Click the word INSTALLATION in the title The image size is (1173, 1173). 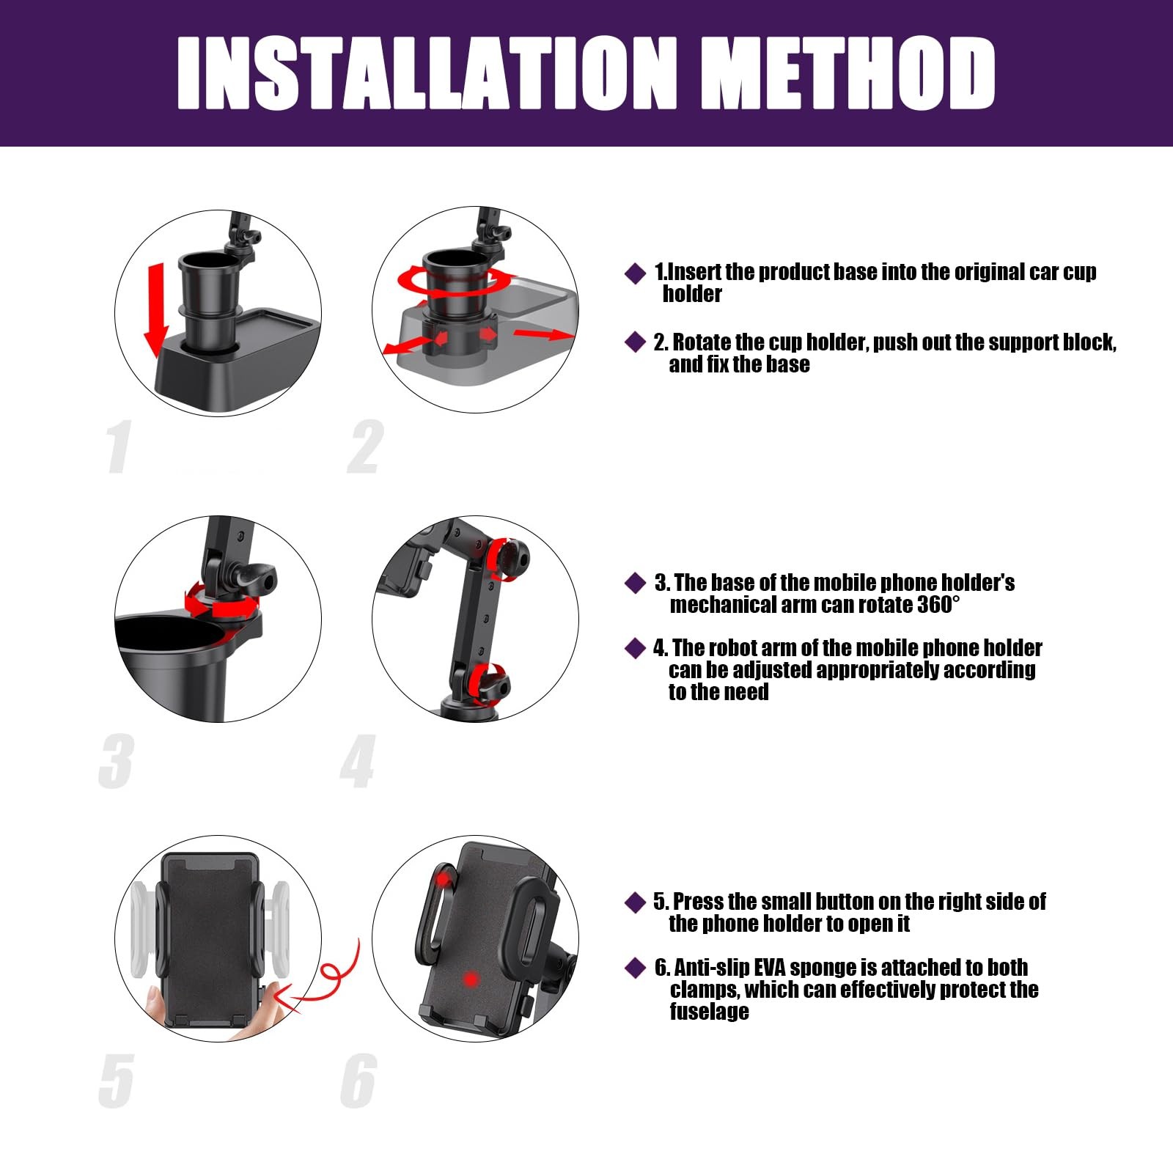427,73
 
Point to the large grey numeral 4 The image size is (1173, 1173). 358,762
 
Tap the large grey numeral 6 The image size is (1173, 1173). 358,1080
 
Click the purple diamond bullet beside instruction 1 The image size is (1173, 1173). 635,273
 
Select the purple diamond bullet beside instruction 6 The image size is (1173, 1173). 635,968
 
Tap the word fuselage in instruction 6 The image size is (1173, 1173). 709,1012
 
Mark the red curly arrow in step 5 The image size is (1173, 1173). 326,979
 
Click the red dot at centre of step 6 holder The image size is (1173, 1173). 471,979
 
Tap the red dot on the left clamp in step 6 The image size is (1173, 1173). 443,878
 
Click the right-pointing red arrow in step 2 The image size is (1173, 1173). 543,334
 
